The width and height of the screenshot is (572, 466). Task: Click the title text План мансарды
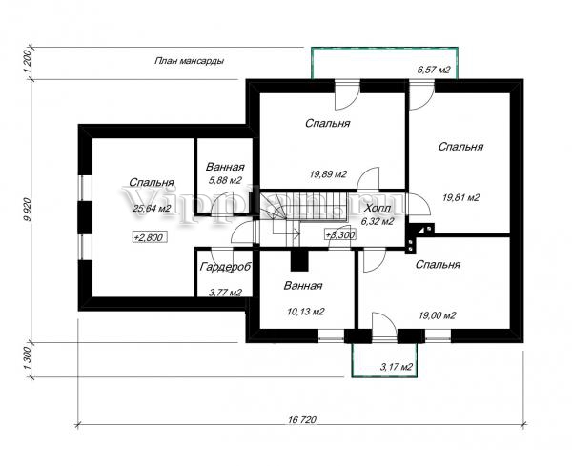189,61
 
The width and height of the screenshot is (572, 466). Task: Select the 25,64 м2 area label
151,208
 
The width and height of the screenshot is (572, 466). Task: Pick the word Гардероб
226,268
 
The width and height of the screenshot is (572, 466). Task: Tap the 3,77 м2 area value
226,293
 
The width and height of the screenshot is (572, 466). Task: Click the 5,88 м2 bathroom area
226,179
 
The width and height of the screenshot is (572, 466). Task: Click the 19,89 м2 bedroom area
327,173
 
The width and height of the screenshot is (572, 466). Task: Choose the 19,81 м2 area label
460,197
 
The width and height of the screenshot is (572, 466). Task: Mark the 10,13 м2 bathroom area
307,311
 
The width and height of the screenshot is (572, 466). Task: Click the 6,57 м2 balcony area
435,71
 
